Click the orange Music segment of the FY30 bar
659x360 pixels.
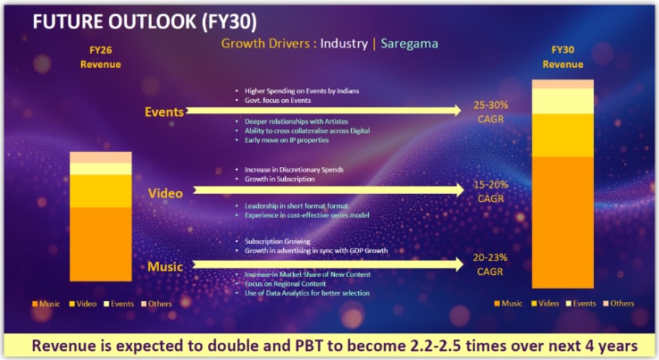pyautogui.click(x=563, y=222)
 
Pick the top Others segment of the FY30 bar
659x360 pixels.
pyautogui.click(x=563, y=84)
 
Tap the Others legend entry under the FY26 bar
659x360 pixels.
pyautogui.click(x=157, y=304)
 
